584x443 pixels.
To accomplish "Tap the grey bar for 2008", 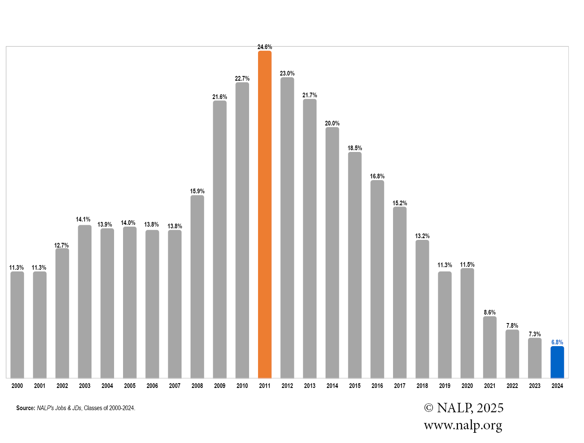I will coord(197,286).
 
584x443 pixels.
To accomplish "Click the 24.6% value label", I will coord(264,47).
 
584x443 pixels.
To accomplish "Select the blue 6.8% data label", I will coord(557,342).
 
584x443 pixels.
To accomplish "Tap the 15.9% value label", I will coord(197,191).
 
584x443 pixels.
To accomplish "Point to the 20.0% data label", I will coord(332,123).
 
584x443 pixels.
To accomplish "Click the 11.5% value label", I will coord(467,265).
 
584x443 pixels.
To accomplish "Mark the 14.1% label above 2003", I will coord(83,219).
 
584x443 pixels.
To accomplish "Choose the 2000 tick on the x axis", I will coord(17,386).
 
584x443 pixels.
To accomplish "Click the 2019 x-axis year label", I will coord(444,386).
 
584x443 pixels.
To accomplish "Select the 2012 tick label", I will coord(287,386).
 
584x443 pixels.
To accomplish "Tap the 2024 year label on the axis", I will coord(557,386).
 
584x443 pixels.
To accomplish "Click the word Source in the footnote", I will coord(25,408).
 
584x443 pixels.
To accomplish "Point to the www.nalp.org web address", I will coord(463,425).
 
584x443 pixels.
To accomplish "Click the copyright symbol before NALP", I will coord(428,408).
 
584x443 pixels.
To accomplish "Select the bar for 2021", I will coord(490,347).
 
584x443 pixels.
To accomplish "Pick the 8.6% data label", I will coord(490,312).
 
